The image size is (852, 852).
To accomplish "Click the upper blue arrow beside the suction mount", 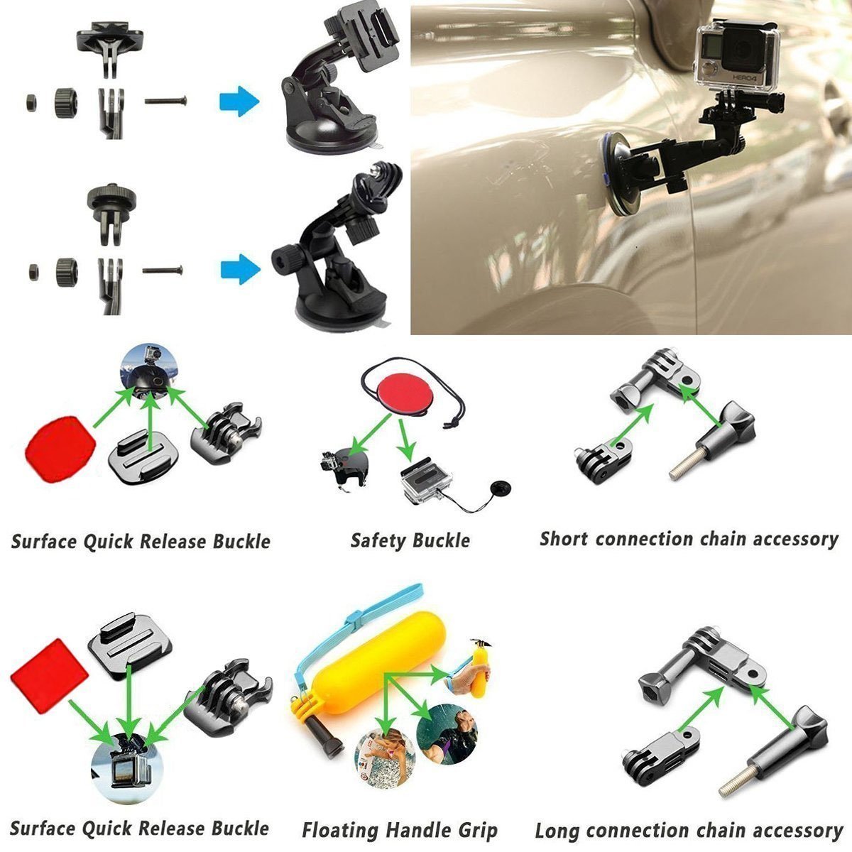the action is (x=239, y=102).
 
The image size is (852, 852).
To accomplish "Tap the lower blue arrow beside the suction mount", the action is (x=240, y=269).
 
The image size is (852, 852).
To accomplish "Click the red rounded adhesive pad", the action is (x=60, y=449).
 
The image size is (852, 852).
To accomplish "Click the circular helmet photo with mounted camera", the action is (x=149, y=372).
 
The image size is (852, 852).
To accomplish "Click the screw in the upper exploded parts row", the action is (x=165, y=102).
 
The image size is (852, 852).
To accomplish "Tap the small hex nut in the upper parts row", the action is (x=31, y=103).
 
